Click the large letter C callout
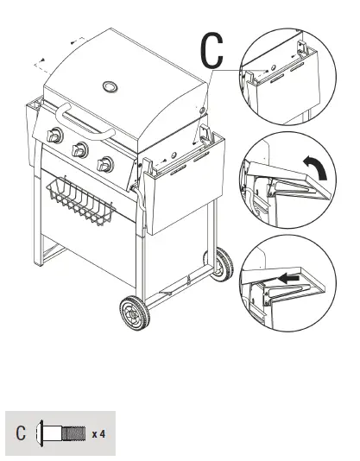[x=212, y=51]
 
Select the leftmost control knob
[x=54, y=136]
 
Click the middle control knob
[x=80, y=148]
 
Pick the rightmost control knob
[x=106, y=162]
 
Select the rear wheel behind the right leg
[x=222, y=262]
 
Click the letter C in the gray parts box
[x=21, y=432]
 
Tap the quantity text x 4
[x=100, y=433]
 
